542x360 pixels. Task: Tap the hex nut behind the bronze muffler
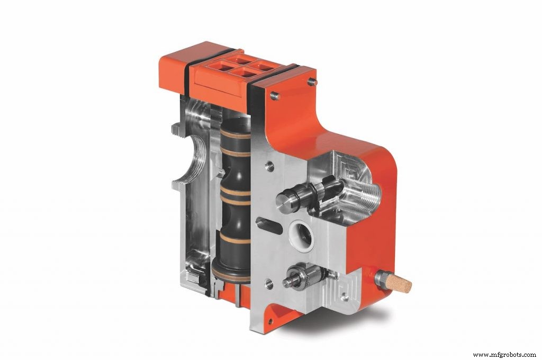pyautogui.click(x=381, y=277)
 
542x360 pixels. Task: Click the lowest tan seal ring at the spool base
pyautogui.click(x=231, y=273)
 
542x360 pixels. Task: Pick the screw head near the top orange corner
pyautogui.click(x=312, y=82)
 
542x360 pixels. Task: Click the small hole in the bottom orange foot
pyautogui.click(x=271, y=321)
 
